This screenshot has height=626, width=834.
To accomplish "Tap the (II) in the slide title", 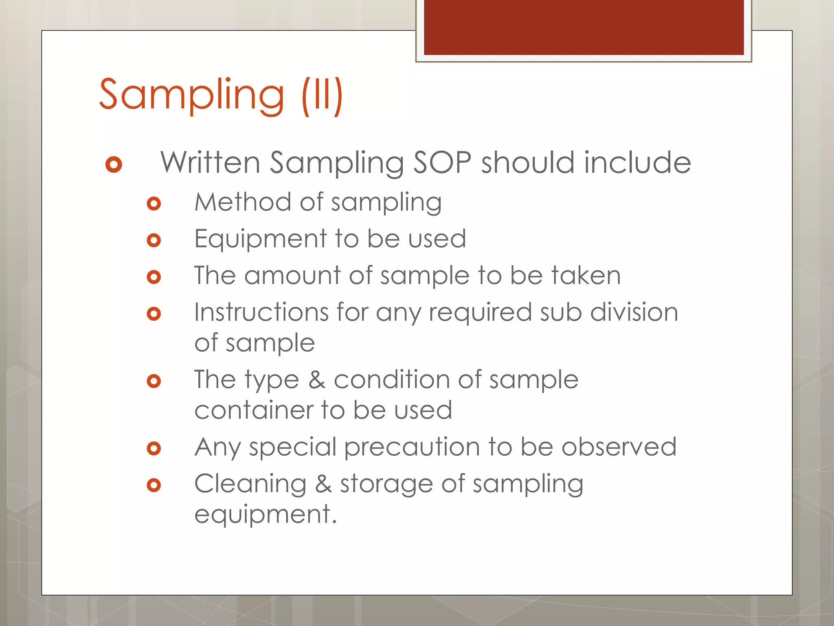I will click(322, 95).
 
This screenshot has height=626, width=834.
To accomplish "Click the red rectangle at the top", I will click(584, 27).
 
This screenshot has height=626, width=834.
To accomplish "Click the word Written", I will click(210, 163).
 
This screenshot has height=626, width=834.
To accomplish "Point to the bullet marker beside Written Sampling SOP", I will click(114, 164).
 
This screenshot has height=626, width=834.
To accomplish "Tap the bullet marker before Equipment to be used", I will click(154, 240).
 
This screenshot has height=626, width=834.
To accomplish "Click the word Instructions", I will click(261, 312).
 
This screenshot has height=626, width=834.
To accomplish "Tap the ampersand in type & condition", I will click(316, 379).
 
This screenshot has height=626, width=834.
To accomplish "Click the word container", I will click(253, 410).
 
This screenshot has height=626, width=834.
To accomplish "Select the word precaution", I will click(412, 447).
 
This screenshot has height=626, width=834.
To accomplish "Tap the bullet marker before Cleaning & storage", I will click(154, 485).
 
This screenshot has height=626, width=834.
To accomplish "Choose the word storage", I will click(386, 484).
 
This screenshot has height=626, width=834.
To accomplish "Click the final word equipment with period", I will click(266, 514).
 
